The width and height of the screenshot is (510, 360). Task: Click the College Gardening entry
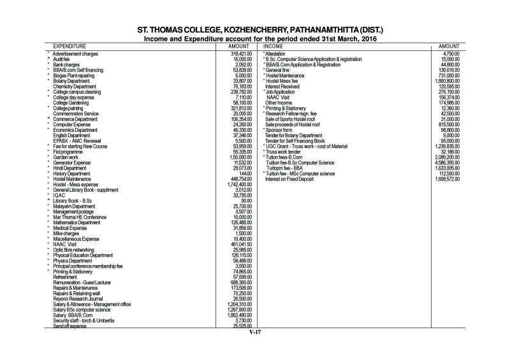(x=72, y=103)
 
